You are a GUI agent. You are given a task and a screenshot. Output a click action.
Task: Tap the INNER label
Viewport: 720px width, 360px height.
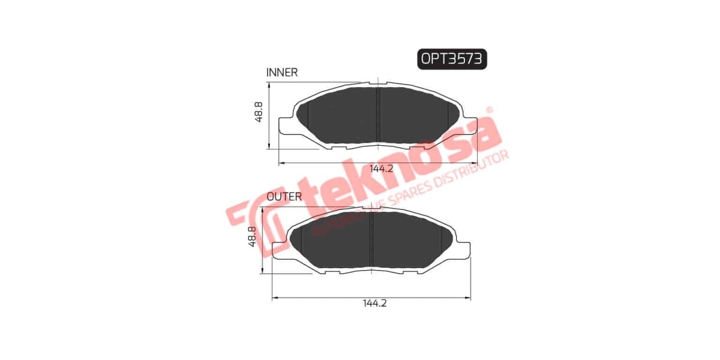(x=282, y=73)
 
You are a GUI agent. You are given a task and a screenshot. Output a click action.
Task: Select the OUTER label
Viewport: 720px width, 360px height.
(x=284, y=196)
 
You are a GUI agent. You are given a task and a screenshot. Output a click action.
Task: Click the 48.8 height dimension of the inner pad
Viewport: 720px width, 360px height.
(x=259, y=112)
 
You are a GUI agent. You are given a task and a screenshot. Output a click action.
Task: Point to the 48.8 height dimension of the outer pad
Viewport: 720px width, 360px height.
(x=253, y=236)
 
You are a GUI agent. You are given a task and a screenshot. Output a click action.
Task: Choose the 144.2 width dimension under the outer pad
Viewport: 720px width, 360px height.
(x=374, y=304)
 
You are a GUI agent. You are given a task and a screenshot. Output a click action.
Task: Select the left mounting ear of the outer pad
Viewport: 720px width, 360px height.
(x=278, y=250)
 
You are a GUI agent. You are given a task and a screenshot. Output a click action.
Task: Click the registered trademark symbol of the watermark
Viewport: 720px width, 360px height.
(x=488, y=110)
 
